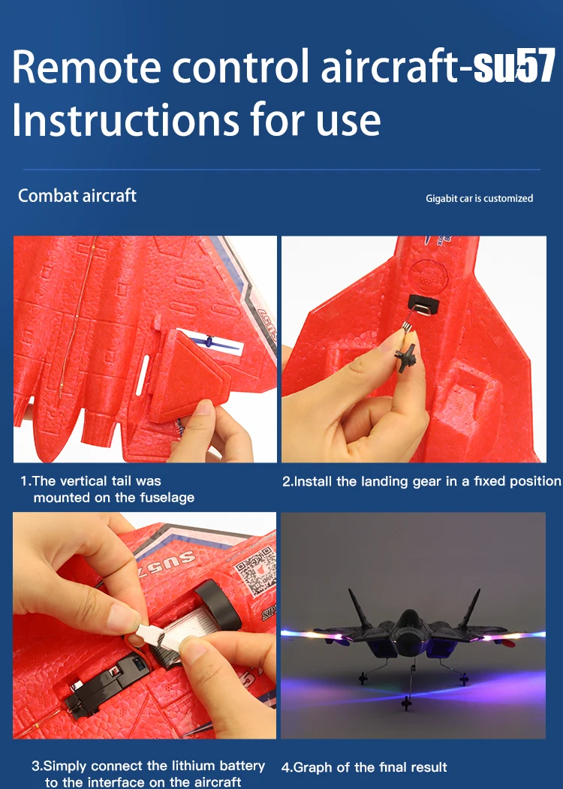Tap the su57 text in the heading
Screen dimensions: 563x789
(x=514, y=66)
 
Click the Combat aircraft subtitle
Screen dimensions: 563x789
(x=77, y=195)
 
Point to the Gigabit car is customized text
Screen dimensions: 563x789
(x=480, y=198)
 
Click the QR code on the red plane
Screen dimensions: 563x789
(x=255, y=571)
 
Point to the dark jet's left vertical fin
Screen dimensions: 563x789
(x=360, y=609)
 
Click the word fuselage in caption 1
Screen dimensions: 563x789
(x=167, y=498)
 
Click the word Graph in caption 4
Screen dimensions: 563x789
(x=313, y=767)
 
